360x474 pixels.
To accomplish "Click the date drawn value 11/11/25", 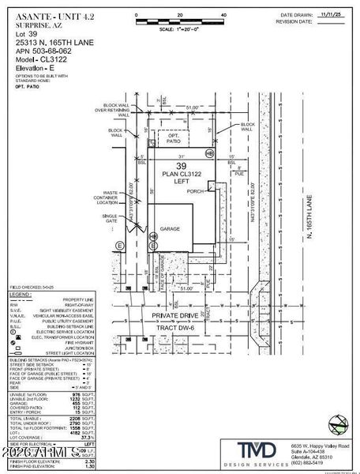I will [x=326, y=14].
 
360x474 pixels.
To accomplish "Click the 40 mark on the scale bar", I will [x=224, y=15].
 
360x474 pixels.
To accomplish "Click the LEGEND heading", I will [x=21, y=293].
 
